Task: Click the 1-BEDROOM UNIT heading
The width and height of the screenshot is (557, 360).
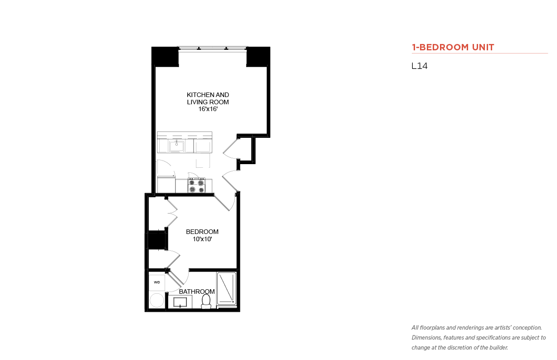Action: (x=453, y=47)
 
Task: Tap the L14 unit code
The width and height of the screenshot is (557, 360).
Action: (x=420, y=66)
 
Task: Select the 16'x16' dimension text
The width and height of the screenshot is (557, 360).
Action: (x=208, y=109)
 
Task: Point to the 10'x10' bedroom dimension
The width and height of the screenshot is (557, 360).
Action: (x=202, y=239)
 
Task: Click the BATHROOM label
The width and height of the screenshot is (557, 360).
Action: (x=197, y=292)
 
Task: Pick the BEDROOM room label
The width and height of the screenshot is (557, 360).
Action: (x=202, y=232)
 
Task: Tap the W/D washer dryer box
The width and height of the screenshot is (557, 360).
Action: (x=157, y=282)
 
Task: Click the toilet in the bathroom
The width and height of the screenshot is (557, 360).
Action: (x=206, y=302)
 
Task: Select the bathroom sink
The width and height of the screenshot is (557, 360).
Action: (x=180, y=302)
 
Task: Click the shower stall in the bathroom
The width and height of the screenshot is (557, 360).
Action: (x=226, y=288)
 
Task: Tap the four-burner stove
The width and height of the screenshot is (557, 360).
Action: (x=196, y=185)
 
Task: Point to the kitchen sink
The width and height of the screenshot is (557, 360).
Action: (x=176, y=146)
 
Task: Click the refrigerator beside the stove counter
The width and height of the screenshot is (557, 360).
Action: (x=166, y=185)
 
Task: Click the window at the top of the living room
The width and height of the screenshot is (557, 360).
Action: (x=213, y=49)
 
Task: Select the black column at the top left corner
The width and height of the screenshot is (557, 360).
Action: (x=165, y=57)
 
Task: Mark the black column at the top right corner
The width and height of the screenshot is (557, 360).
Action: (x=258, y=57)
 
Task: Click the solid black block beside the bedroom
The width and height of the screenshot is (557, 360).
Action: (x=156, y=240)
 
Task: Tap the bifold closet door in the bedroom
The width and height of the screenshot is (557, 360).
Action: (x=172, y=213)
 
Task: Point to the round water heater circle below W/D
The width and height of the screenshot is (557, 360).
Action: (x=157, y=300)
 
